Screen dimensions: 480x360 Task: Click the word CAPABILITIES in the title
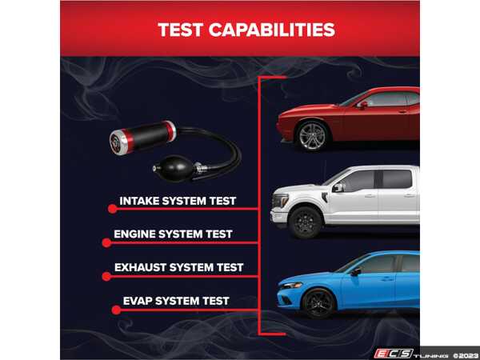[272, 30]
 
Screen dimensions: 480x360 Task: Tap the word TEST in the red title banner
[180, 30]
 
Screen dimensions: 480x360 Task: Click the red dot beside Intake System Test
[112, 209]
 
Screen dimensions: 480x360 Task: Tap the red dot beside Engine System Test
[106, 242]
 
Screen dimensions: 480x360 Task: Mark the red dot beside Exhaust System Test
[106, 277]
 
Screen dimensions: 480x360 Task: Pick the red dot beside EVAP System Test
[116, 310]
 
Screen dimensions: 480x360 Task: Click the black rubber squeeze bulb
[178, 168]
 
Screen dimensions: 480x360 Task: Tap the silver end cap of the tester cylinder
[118, 142]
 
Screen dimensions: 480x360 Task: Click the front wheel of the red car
[312, 136]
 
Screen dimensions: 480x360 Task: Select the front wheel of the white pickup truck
[306, 222]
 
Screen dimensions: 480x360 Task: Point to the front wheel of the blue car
[318, 303]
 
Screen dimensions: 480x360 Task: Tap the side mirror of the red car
[362, 105]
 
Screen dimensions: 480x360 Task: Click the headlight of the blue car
[291, 286]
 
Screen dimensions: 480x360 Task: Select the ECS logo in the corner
[394, 354]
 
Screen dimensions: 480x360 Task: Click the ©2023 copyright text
[466, 356]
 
